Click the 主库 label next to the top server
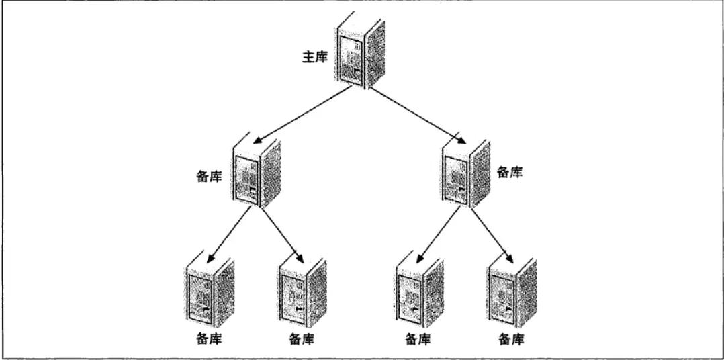314,56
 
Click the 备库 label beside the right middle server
510,172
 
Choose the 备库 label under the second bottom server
302,340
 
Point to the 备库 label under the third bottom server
417,340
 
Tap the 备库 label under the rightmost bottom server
512,340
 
